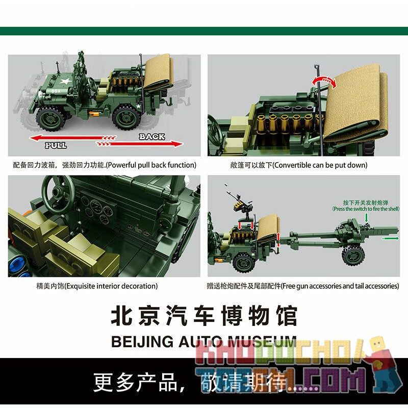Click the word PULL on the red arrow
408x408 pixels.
[56, 146]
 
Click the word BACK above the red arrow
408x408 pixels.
[151, 136]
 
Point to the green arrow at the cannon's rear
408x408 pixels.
[390, 238]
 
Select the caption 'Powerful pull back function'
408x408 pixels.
[105, 165]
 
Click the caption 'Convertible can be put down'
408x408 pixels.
[298, 165]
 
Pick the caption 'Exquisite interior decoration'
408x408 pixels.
[83, 286]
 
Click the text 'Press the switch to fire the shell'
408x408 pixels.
[363, 209]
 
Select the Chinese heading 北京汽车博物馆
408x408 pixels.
[204, 316]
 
